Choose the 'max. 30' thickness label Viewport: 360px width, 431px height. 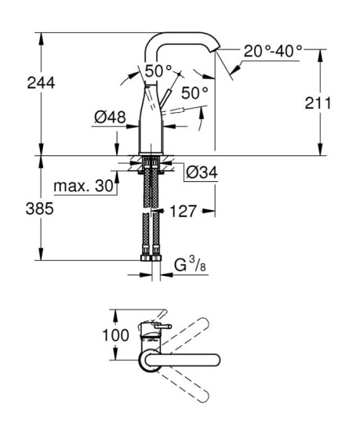tap(82, 187)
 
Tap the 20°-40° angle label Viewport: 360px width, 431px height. tap(271, 51)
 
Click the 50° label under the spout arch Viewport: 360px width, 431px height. tap(158, 71)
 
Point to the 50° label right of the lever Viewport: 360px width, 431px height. tap(195, 92)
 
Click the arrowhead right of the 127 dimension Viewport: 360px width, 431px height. tap(209, 211)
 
